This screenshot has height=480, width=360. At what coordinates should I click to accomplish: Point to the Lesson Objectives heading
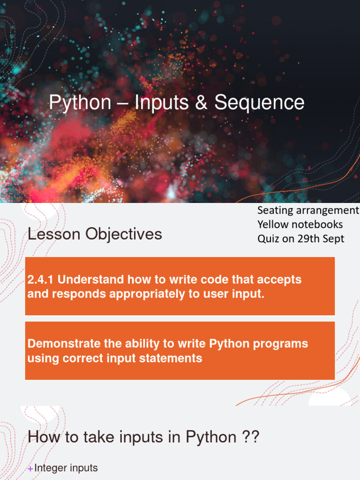coord(95,234)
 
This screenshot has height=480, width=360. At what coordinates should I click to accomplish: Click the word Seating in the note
coord(275,210)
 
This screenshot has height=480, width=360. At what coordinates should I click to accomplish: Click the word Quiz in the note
coord(268,239)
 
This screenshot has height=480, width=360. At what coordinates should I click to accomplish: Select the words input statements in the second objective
coord(161,359)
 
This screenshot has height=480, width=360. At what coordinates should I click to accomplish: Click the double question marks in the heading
coord(250,437)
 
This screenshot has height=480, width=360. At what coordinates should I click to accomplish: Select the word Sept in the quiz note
coord(334,239)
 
